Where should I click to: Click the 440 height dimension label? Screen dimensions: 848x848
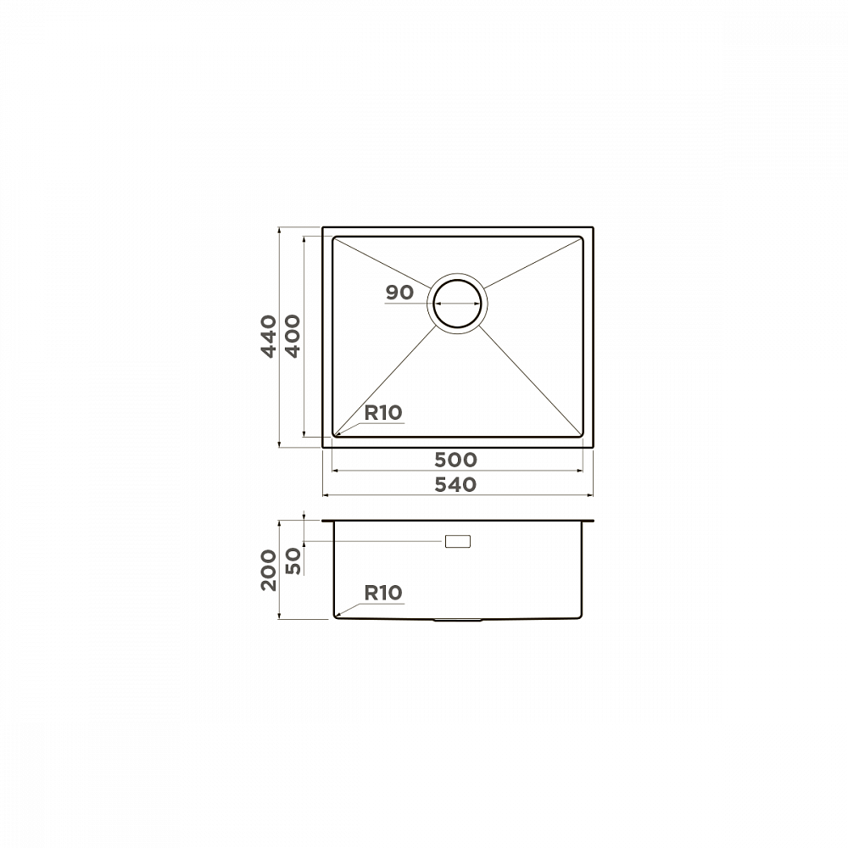tap(269, 337)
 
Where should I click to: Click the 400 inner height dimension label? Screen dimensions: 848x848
tap(292, 337)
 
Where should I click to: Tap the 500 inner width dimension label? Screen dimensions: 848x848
tap(456, 460)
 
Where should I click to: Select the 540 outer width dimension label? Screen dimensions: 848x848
tap(456, 484)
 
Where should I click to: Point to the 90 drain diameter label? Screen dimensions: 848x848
tap(399, 293)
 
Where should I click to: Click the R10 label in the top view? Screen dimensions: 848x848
tap(383, 413)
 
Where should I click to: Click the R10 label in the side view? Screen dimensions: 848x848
tap(383, 593)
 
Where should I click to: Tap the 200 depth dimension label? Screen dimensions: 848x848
tap(269, 571)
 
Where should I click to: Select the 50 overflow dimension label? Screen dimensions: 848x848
tap(292, 561)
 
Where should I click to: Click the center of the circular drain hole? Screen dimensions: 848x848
tap(458, 304)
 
